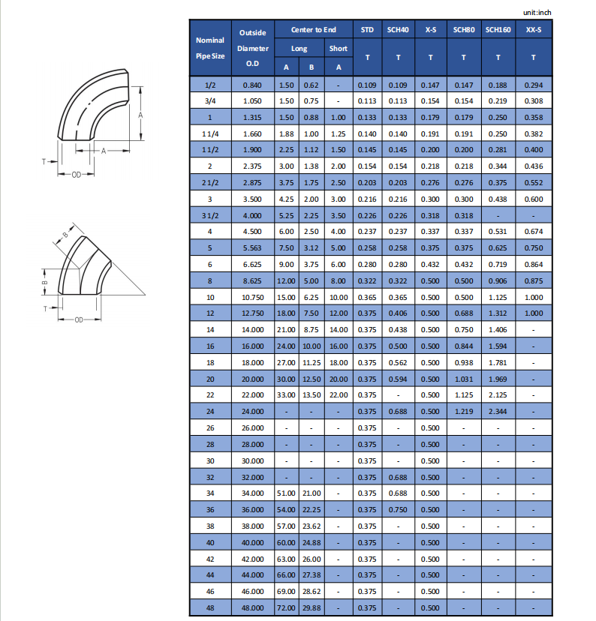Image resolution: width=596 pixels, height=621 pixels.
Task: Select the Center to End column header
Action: click(314, 29)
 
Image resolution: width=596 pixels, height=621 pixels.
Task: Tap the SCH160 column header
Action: click(498, 29)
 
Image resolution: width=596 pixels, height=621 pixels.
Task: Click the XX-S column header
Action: click(533, 29)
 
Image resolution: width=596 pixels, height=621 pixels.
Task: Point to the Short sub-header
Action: click(338, 49)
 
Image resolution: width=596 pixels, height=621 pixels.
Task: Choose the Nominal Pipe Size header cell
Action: click(209, 48)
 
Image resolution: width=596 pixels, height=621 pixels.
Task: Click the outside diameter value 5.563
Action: click(253, 247)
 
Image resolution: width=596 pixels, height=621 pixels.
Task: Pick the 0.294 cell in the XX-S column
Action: click(533, 85)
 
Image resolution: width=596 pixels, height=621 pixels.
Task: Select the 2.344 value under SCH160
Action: click(498, 412)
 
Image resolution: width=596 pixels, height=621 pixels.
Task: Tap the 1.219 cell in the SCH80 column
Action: click(464, 412)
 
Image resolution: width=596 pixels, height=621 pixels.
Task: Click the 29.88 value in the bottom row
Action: click(312, 607)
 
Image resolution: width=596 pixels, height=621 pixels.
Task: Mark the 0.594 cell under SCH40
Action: click(398, 379)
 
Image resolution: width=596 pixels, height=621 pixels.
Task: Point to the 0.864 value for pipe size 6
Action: click(533, 264)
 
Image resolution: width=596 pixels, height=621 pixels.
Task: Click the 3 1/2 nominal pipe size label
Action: click(209, 215)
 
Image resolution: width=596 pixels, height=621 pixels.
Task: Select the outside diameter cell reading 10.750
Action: click(253, 297)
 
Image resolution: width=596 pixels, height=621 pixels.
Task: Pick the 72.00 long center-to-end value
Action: click(287, 607)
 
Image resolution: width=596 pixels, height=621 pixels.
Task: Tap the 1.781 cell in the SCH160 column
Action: click(498, 362)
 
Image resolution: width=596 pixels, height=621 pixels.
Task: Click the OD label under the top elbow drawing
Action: click(76, 174)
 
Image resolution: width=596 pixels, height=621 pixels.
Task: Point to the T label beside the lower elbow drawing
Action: click(45, 308)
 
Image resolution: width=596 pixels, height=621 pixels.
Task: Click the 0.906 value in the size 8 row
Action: click(498, 280)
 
